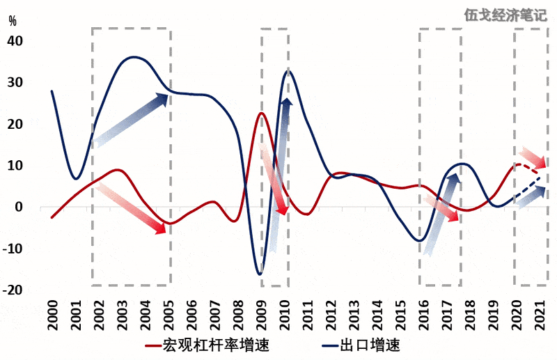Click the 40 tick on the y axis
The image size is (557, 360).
pyautogui.click(x=15, y=41)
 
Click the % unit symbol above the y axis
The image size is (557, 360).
pyautogui.click(x=12, y=19)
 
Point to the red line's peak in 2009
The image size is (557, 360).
pyautogui.click(x=261, y=113)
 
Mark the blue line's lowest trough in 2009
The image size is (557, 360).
pyautogui.click(x=260, y=274)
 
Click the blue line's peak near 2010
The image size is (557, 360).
pyautogui.click(x=288, y=70)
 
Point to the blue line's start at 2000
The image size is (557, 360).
pyautogui.click(x=52, y=91)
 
